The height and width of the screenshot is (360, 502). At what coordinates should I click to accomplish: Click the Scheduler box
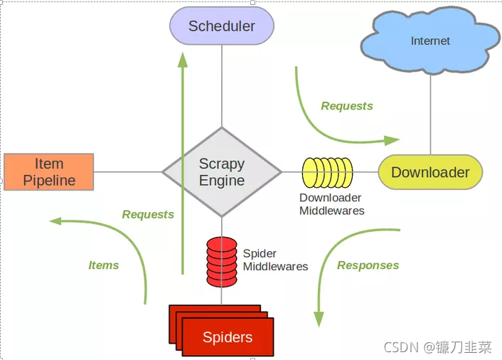click(x=222, y=26)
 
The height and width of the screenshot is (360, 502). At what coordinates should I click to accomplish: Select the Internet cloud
click(x=430, y=41)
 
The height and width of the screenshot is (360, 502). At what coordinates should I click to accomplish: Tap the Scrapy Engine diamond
click(x=222, y=172)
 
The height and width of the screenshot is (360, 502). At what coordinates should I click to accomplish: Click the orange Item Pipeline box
click(x=49, y=172)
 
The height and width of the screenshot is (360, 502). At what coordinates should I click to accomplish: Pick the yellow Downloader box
click(x=430, y=172)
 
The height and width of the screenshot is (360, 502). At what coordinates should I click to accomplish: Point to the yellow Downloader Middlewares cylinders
click(x=327, y=172)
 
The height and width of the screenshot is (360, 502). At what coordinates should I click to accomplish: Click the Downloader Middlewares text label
click(x=331, y=204)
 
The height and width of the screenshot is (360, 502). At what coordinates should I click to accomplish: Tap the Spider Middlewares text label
click(x=275, y=260)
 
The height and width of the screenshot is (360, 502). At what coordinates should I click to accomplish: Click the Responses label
click(x=368, y=265)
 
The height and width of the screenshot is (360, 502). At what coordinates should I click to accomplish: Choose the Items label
click(x=104, y=265)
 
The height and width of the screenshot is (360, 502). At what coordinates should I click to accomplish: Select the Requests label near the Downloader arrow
click(x=347, y=106)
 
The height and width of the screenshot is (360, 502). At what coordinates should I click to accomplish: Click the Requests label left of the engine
click(x=148, y=214)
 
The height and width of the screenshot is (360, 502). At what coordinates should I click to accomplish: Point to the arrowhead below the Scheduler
click(x=183, y=60)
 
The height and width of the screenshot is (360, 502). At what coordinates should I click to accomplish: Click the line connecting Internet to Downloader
click(x=430, y=114)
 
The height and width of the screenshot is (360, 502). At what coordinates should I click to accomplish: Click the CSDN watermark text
click(x=437, y=347)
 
